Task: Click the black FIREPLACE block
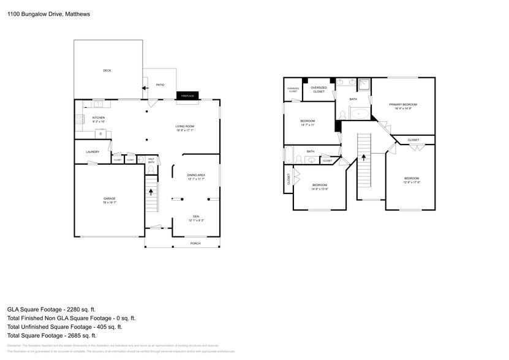[x=186, y=96]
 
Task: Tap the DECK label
[x=107, y=70]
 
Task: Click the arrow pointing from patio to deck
[x=144, y=88]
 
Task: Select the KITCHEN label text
[x=99, y=118]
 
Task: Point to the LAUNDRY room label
[x=92, y=152]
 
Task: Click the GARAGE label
[x=109, y=198]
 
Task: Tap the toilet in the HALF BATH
[x=151, y=168]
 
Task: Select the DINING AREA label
[x=196, y=175]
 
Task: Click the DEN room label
[x=196, y=216]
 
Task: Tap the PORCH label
[x=195, y=242]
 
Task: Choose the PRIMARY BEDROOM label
[x=402, y=105]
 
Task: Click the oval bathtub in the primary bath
[x=359, y=113]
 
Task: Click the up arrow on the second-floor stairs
[x=364, y=157]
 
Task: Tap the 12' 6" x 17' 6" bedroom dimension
[x=412, y=182]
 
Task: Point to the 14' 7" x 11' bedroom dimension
[x=307, y=125]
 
